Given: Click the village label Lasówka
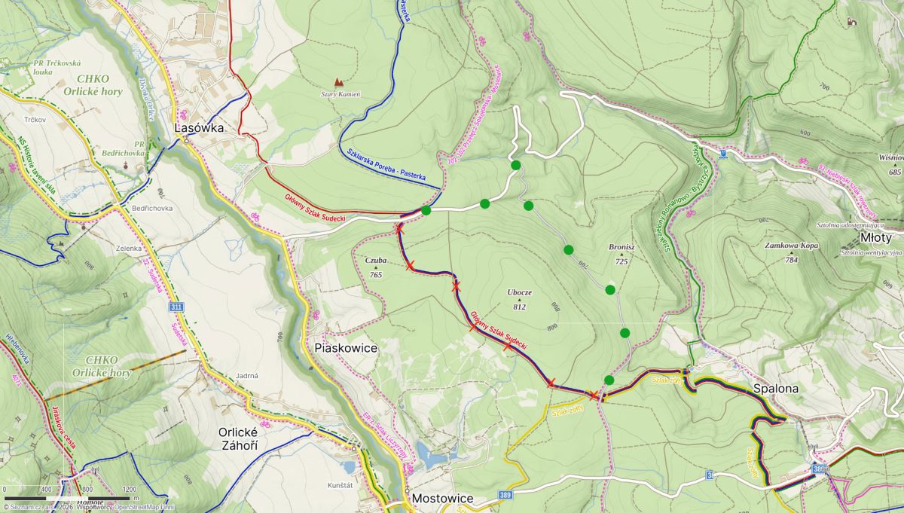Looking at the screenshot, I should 199,128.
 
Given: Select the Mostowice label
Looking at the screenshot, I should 442,499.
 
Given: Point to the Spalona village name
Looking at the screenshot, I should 775,389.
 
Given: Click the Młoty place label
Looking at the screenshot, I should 876,237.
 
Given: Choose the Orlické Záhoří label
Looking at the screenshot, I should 239,439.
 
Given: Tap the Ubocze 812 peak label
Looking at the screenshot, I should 519,300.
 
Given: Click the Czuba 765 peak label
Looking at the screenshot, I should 375,267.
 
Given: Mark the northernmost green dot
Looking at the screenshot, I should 515,165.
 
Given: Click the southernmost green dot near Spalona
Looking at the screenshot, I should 609,380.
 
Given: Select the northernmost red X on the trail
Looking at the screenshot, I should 400,230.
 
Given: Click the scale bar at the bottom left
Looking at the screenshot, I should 68,498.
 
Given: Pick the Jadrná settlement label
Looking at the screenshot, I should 246,375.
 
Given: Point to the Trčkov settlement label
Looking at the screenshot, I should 35,120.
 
